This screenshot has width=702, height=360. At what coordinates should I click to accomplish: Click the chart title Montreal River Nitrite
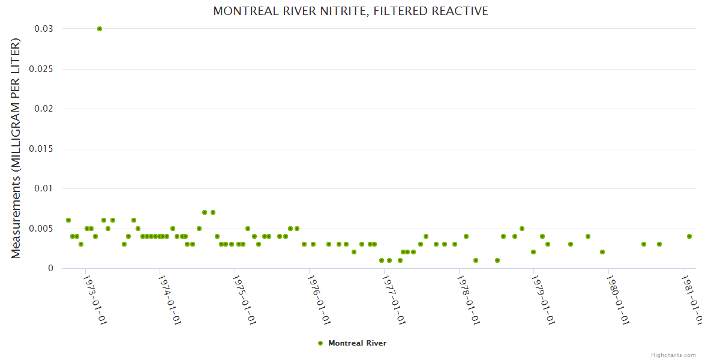351,11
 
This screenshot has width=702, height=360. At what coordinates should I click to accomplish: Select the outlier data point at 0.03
100,29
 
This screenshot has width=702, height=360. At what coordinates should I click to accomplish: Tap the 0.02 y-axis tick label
44,109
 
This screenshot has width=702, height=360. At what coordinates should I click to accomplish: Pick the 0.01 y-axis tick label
44,188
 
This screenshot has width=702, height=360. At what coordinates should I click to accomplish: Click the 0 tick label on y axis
50,268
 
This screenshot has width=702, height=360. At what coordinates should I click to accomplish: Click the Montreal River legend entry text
357,343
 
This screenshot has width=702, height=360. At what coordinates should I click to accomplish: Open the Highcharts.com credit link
673,355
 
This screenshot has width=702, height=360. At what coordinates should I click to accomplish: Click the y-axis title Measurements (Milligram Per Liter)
16,148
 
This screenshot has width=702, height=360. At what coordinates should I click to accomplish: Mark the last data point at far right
689,236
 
